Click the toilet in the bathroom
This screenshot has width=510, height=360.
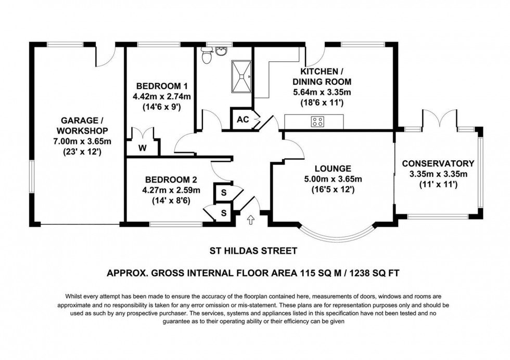coord(208,56)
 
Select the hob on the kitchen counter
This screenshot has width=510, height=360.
coord(318,122)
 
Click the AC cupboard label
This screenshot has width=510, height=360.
coord(243,119)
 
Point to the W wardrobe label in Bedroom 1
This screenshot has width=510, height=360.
coord(142,148)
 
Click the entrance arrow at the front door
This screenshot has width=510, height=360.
coord(251,220)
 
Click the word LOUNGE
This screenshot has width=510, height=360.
coord(333,169)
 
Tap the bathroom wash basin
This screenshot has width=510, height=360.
coord(223,51)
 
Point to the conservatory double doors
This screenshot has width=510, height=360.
coord(440,119)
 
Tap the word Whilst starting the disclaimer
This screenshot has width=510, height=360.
coord(76,295)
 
